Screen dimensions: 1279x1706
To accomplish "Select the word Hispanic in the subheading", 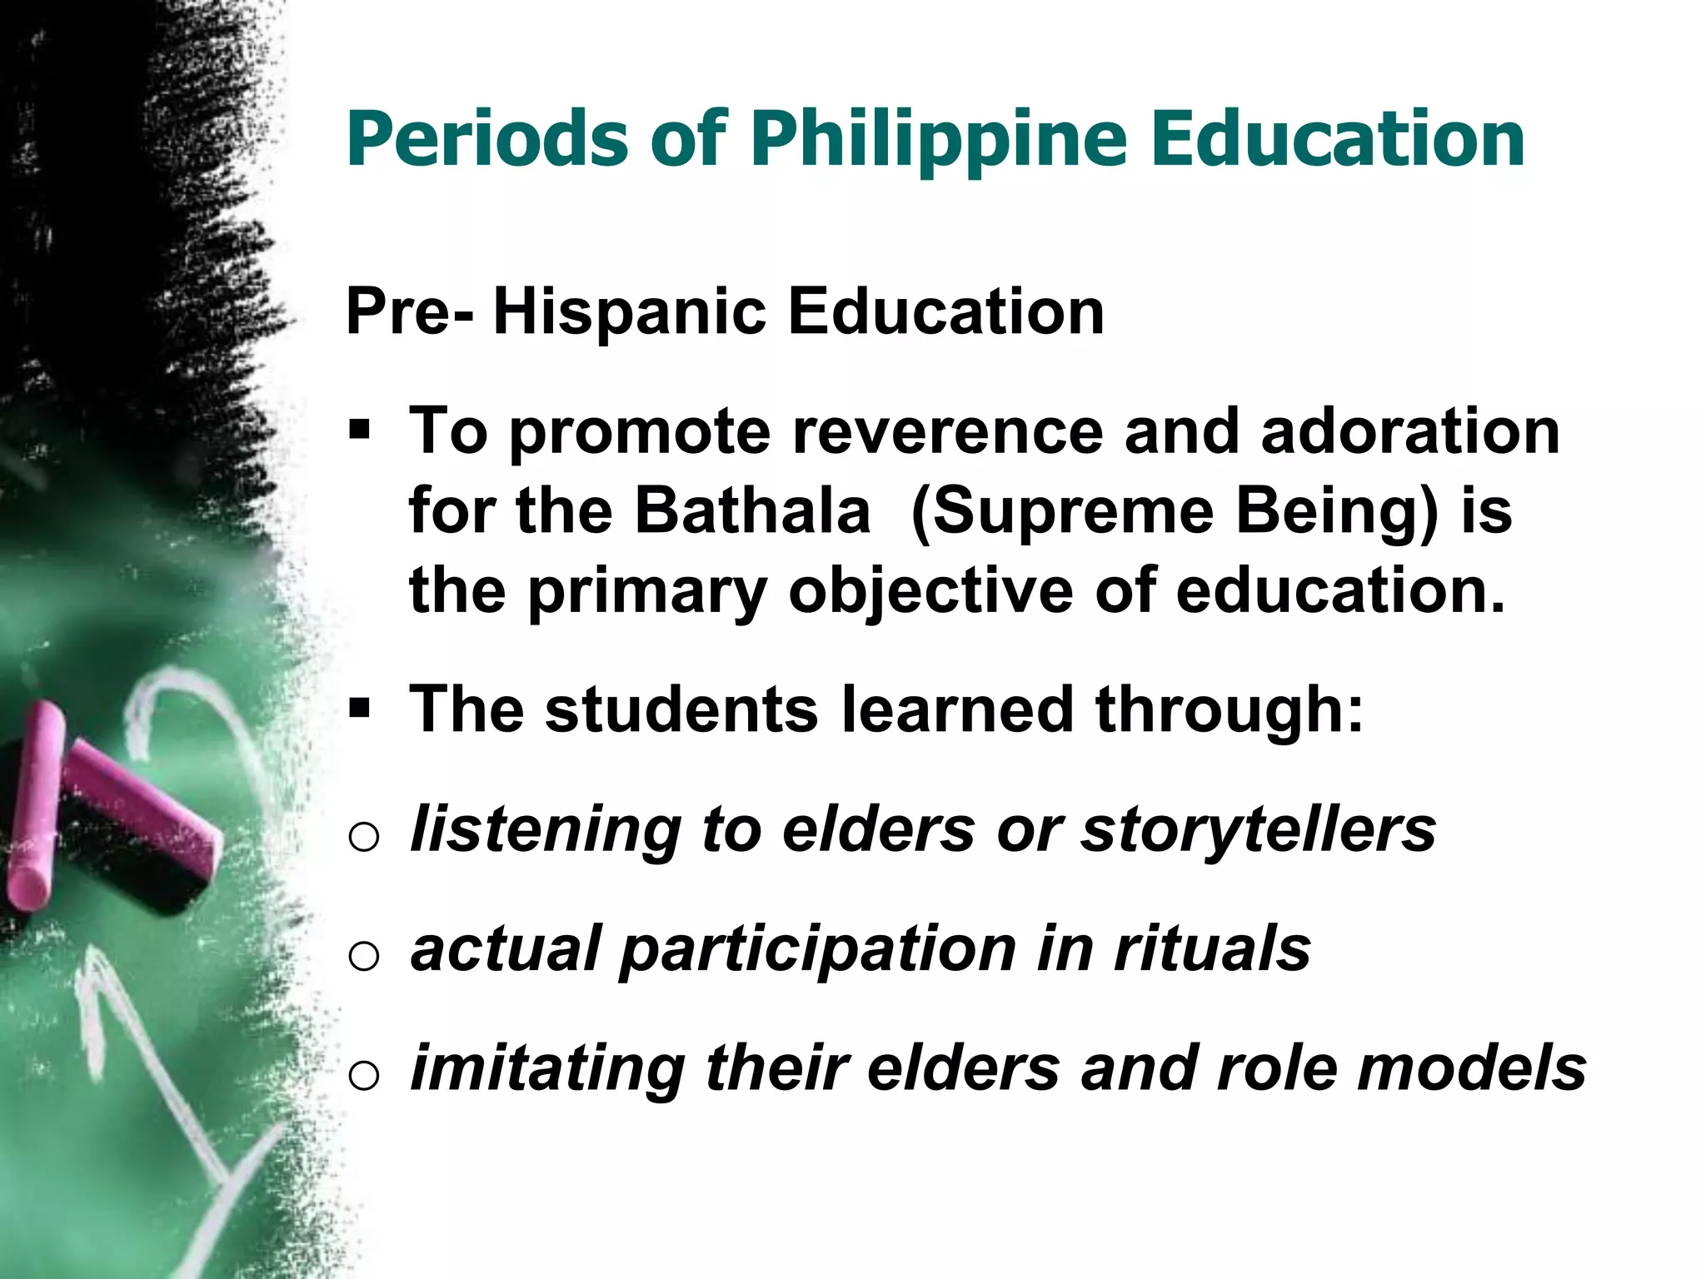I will (629, 312).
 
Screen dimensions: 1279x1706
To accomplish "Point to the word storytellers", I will (1259, 830).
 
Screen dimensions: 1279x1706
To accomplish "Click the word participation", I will (818, 950).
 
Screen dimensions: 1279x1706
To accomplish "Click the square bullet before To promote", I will (360, 431).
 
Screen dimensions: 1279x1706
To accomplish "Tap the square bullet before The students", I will (360, 709).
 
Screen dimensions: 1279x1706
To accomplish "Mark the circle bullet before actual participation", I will (364, 957).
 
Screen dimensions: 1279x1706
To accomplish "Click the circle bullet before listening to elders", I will (364, 837).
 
